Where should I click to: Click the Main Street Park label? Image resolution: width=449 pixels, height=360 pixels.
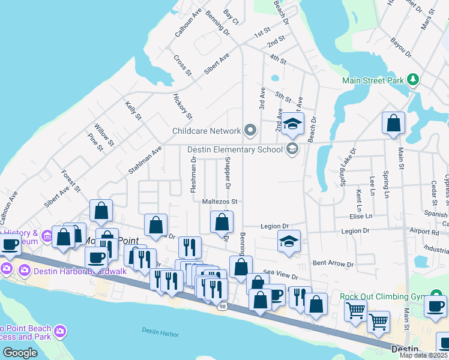click(x=373, y=80)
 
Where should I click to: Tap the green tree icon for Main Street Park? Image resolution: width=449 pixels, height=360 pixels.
click(x=412, y=80)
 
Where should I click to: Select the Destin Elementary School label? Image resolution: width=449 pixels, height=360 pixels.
click(x=235, y=149)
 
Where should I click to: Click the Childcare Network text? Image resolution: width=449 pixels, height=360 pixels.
click(x=206, y=131)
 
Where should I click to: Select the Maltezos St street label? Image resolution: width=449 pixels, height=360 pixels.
click(x=220, y=202)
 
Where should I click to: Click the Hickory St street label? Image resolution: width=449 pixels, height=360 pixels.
click(x=182, y=106)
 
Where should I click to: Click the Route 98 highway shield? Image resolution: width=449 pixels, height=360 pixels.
click(x=222, y=307)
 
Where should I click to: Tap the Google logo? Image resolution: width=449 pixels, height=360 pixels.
click(x=20, y=353)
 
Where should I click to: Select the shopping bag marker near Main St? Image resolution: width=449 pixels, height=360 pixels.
click(x=393, y=123)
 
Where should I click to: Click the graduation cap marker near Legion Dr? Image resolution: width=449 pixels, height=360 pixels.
click(x=289, y=241)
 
